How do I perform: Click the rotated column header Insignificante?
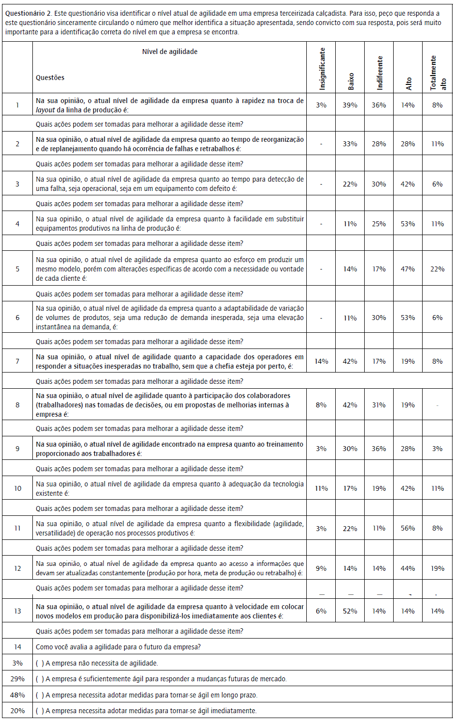(322, 69)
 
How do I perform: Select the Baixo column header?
(350, 81)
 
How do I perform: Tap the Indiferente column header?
(379, 73)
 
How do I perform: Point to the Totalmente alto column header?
(438, 73)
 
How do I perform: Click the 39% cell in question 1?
(350, 105)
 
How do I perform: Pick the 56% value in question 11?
(408, 528)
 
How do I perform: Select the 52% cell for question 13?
(350, 611)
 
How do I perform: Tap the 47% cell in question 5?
(408, 269)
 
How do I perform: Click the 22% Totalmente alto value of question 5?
(437, 269)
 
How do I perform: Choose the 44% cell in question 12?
(408, 568)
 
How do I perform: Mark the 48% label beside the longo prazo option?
(18, 695)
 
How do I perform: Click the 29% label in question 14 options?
(18, 679)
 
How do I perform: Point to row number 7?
(18, 361)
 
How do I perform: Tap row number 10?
(18, 488)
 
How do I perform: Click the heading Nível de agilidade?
(170, 52)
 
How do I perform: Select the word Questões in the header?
(50, 78)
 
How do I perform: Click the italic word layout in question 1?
(45, 110)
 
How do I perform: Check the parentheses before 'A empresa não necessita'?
(40, 663)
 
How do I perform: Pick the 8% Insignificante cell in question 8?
(321, 405)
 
